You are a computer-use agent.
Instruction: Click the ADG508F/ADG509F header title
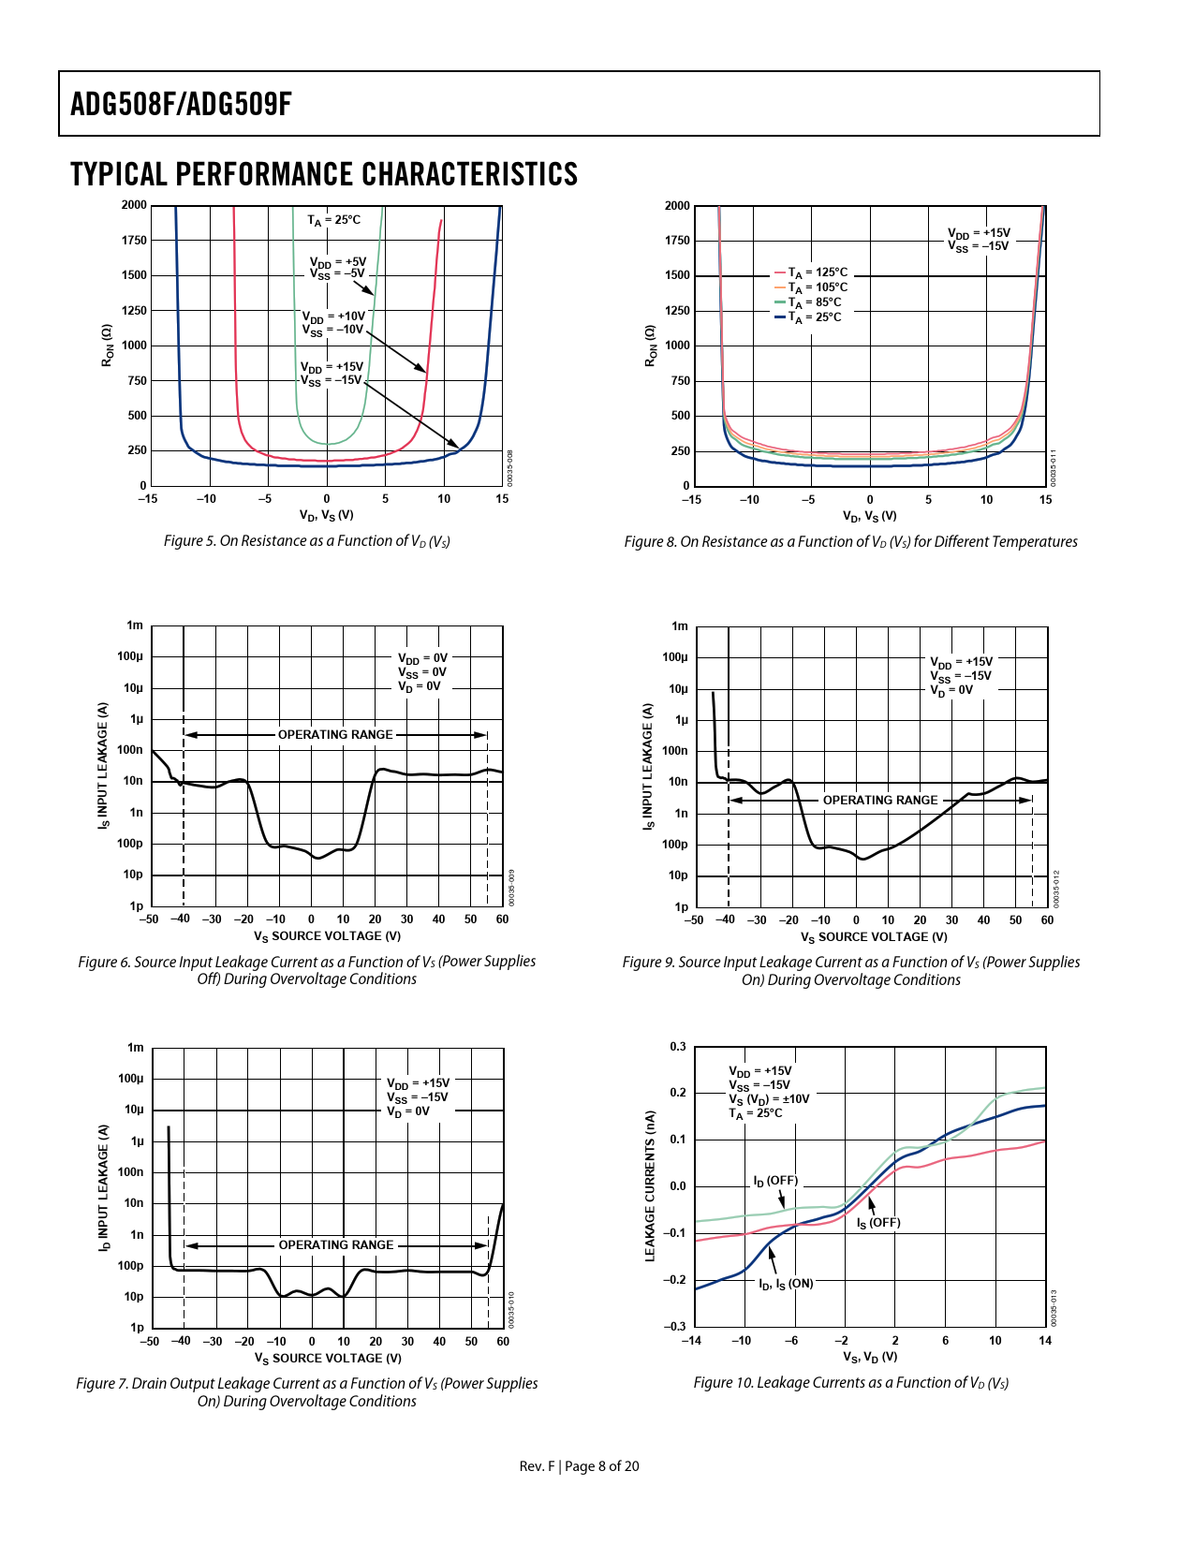pyautogui.click(x=181, y=104)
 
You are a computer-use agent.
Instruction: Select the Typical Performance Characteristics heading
pyautogui.click(x=324, y=175)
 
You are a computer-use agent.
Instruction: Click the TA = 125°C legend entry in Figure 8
pyautogui.click(x=811, y=272)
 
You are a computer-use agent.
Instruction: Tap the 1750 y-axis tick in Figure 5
pyautogui.click(x=134, y=241)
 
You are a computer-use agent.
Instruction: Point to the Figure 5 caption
pyautogui.click(x=307, y=541)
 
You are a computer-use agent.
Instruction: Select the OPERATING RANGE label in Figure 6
pyautogui.click(x=335, y=735)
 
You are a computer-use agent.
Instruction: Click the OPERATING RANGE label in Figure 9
pyautogui.click(x=879, y=801)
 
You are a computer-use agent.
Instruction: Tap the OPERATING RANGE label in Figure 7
pyautogui.click(x=336, y=1245)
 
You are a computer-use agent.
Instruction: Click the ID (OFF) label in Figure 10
pyautogui.click(x=775, y=1181)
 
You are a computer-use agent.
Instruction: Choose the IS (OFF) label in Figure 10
pyautogui.click(x=878, y=1223)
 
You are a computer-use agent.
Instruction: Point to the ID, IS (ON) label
pyautogui.click(x=786, y=1284)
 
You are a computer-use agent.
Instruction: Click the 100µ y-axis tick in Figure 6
pyautogui.click(x=130, y=656)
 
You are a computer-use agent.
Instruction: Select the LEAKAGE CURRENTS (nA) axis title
pyautogui.click(x=650, y=1186)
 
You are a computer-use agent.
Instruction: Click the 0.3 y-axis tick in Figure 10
pyautogui.click(x=677, y=1047)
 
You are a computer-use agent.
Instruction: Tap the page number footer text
pyautogui.click(x=580, y=1466)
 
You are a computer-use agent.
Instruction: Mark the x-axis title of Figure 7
pyautogui.click(x=328, y=1359)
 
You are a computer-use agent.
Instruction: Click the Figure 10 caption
pyautogui.click(x=850, y=1383)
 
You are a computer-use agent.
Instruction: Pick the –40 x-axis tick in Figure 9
pyautogui.click(x=725, y=920)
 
